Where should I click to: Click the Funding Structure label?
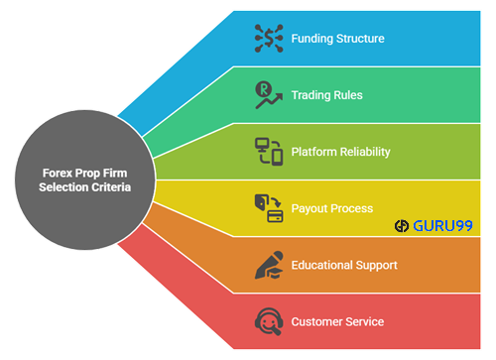point(337,40)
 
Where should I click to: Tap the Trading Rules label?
point(326,96)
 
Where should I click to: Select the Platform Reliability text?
point(340,152)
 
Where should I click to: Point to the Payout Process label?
point(331,208)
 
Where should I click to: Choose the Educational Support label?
point(343,265)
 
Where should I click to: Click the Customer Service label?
point(336,321)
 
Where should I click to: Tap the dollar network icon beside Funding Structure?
point(268,40)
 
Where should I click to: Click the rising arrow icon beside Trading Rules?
point(268,96)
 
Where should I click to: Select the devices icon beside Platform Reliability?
point(268,152)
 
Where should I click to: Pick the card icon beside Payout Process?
point(268,208)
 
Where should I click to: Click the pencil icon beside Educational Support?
point(268,265)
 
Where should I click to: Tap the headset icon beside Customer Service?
point(268,321)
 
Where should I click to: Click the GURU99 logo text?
point(440,225)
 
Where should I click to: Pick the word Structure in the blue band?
point(359,40)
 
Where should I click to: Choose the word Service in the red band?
point(362,321)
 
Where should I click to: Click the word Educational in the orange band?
point(322,265)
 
